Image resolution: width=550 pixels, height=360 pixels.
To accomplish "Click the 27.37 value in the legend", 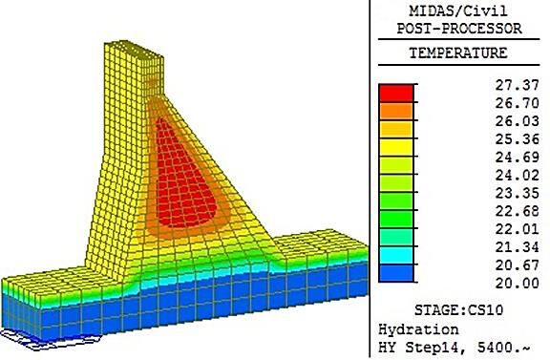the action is click(x=517, y=85).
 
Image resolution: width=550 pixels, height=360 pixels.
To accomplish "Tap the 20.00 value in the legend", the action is click(x=517, y=283).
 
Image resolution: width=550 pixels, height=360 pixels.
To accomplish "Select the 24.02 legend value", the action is click(x=517, y=175).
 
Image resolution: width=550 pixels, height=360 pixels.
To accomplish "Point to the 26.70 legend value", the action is click(x=517, y=103).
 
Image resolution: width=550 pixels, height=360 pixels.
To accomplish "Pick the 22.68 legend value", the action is click(x=517, y=211).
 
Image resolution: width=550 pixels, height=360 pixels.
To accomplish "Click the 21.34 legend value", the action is click(x=517, y=247).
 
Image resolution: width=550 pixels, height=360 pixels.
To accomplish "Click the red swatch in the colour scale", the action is click(x=396, y=93).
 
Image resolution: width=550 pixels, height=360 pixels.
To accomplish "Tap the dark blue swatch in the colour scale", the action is click(x=396, y=273).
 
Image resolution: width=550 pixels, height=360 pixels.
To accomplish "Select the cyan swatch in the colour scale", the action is click(x=396, y=255).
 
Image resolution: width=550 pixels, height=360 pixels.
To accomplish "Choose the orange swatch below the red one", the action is click(x=396, y=111).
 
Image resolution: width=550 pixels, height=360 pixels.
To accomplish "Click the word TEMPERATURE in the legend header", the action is click(x=458, y=53).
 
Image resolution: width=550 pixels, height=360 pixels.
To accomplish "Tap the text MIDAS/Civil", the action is click(x=458, y=11).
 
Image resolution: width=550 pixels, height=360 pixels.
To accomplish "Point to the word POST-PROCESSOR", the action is click(x=459, y=29).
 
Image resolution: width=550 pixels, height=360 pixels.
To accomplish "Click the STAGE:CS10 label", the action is click(x=458, y=310).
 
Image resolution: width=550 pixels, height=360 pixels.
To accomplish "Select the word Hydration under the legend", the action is click(x=418, y=329).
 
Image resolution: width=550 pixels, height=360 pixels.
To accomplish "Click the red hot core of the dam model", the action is click(x=184, y=179).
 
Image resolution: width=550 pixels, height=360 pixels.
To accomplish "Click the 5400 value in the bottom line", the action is click(x=495, y=348).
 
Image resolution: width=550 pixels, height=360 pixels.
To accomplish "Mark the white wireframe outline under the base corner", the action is click(x=49, y=339).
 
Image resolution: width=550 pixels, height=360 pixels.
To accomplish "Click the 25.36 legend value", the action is click(x=517, y=139).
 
